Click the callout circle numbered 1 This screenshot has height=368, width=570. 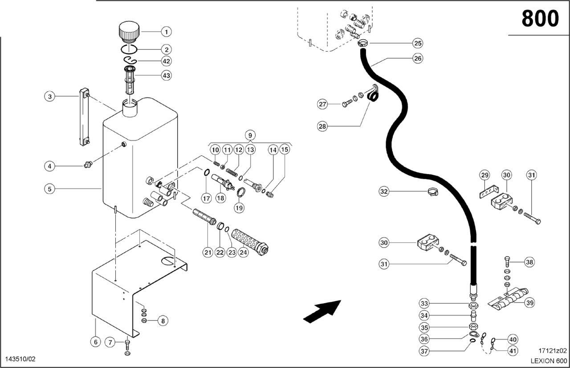pyautogui.click(x=166, y=32)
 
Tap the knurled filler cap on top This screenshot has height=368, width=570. pyautogui.click(x=129, y=32)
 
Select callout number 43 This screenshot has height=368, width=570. pyautogui.click(x=166, y=76)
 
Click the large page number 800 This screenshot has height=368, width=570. pyautogui.click(x=540, y=19)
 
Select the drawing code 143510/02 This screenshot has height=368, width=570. pyautogui.click(x=20, y=359)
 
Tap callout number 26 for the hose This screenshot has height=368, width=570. pyautogui.click(x=417, y=58)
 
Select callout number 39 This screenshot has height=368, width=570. pyautogui.click(x=529, y=303)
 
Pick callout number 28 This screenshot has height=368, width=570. pyautogui.click(x=322, y=126)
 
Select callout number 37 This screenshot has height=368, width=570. pyautogui.click(x=424, y=351)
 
